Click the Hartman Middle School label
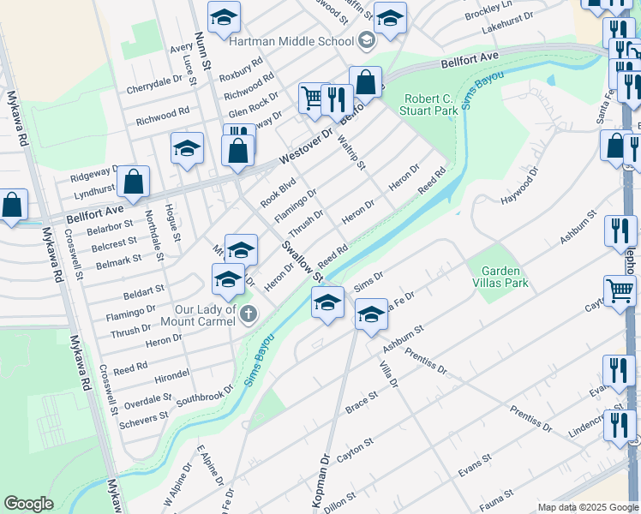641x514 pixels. click(x=291, y=41)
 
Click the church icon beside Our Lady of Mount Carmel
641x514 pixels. click(x=249, y=314)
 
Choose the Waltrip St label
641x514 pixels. click(x=351, y=152)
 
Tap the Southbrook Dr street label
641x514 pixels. click(x=205, y=395)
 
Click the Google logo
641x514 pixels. click(x=29, y=504)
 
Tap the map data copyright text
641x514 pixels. click(x=588, y=507)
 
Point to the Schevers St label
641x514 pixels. click(x=145, y=418)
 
